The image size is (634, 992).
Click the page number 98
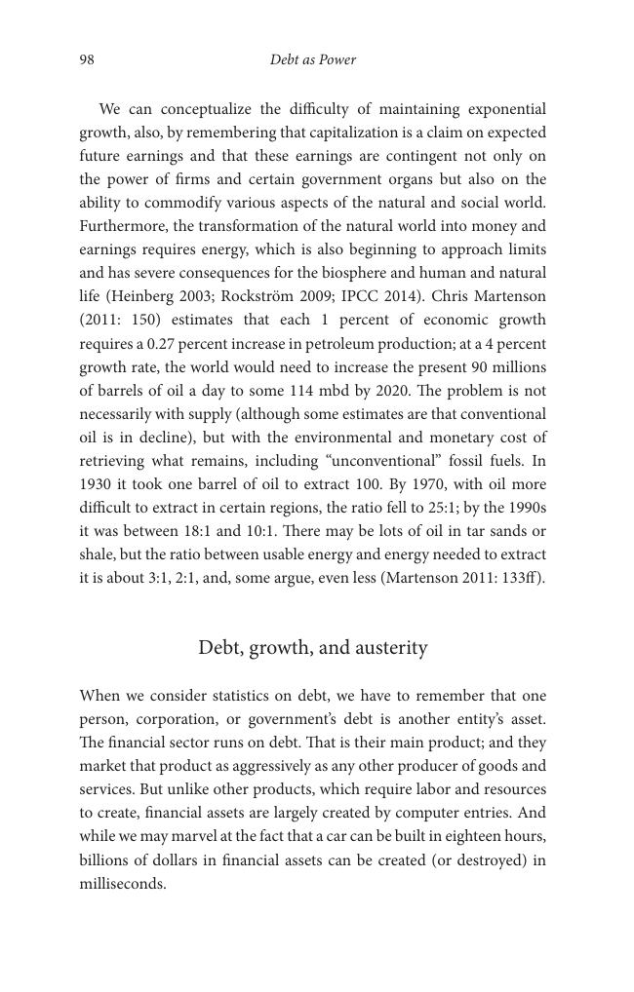(87, 60)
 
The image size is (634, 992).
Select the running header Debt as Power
(312, 60)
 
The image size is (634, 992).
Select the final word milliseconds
(122, 884)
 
